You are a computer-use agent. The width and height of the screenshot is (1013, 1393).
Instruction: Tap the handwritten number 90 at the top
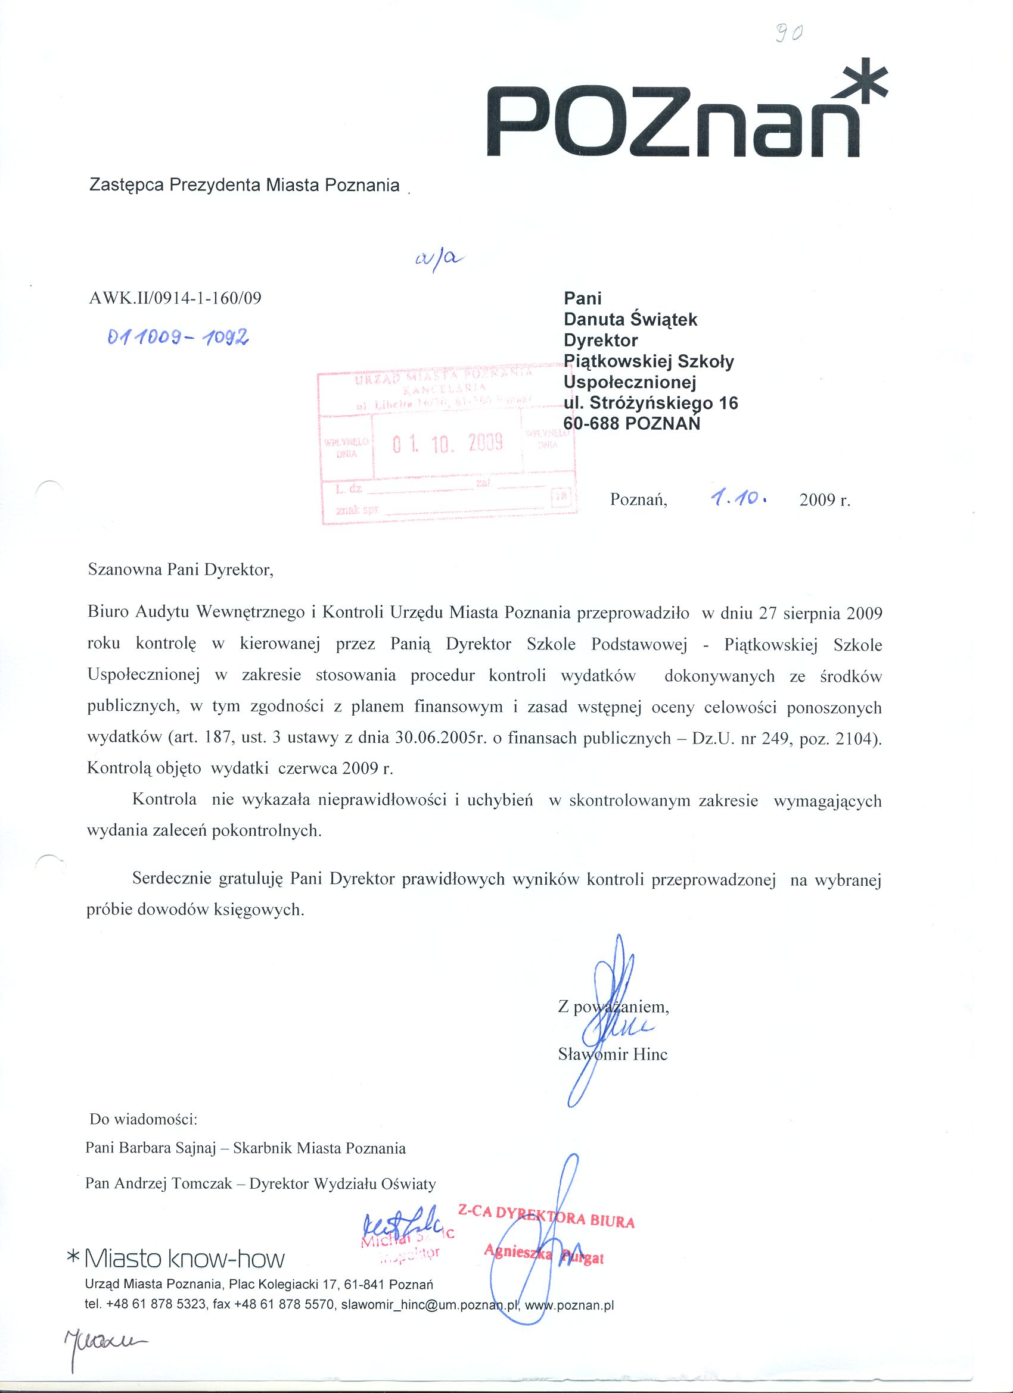point(787,35)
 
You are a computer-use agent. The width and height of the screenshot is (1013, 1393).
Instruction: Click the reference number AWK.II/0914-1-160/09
point(175,298)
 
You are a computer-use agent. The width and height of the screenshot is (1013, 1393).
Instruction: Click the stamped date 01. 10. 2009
point(448,442)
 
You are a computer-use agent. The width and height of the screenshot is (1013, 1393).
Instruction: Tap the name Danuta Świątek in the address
point(630,320)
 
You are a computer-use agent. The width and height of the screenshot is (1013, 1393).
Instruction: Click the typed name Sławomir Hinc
point(612,1055)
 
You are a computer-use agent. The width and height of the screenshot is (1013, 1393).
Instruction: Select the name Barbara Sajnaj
point(167,1148)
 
